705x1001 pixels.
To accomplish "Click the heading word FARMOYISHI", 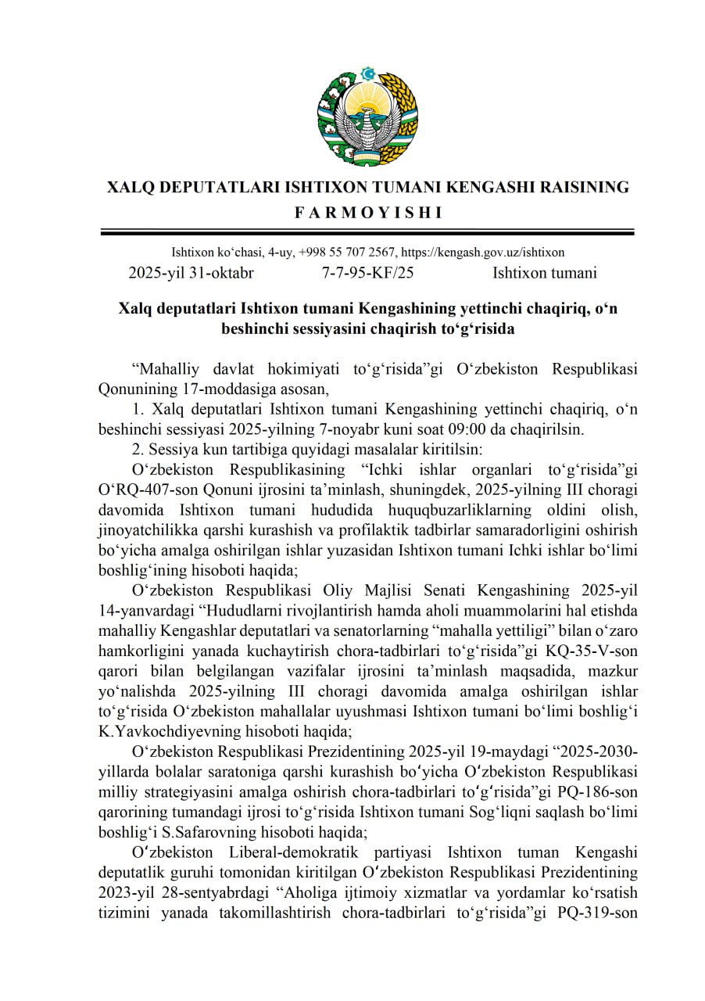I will (367, 212).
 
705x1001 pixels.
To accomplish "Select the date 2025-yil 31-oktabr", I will (191, 273).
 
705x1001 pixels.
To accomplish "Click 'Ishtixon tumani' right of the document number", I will (545, 273).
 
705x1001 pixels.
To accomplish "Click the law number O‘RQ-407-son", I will (152, 490).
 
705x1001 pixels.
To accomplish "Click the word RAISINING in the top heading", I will (574, 188).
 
